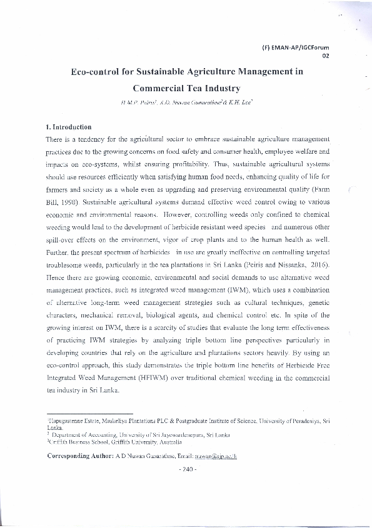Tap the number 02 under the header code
324,55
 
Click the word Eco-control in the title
97,72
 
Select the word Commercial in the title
160,89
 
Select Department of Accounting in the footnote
80,434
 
